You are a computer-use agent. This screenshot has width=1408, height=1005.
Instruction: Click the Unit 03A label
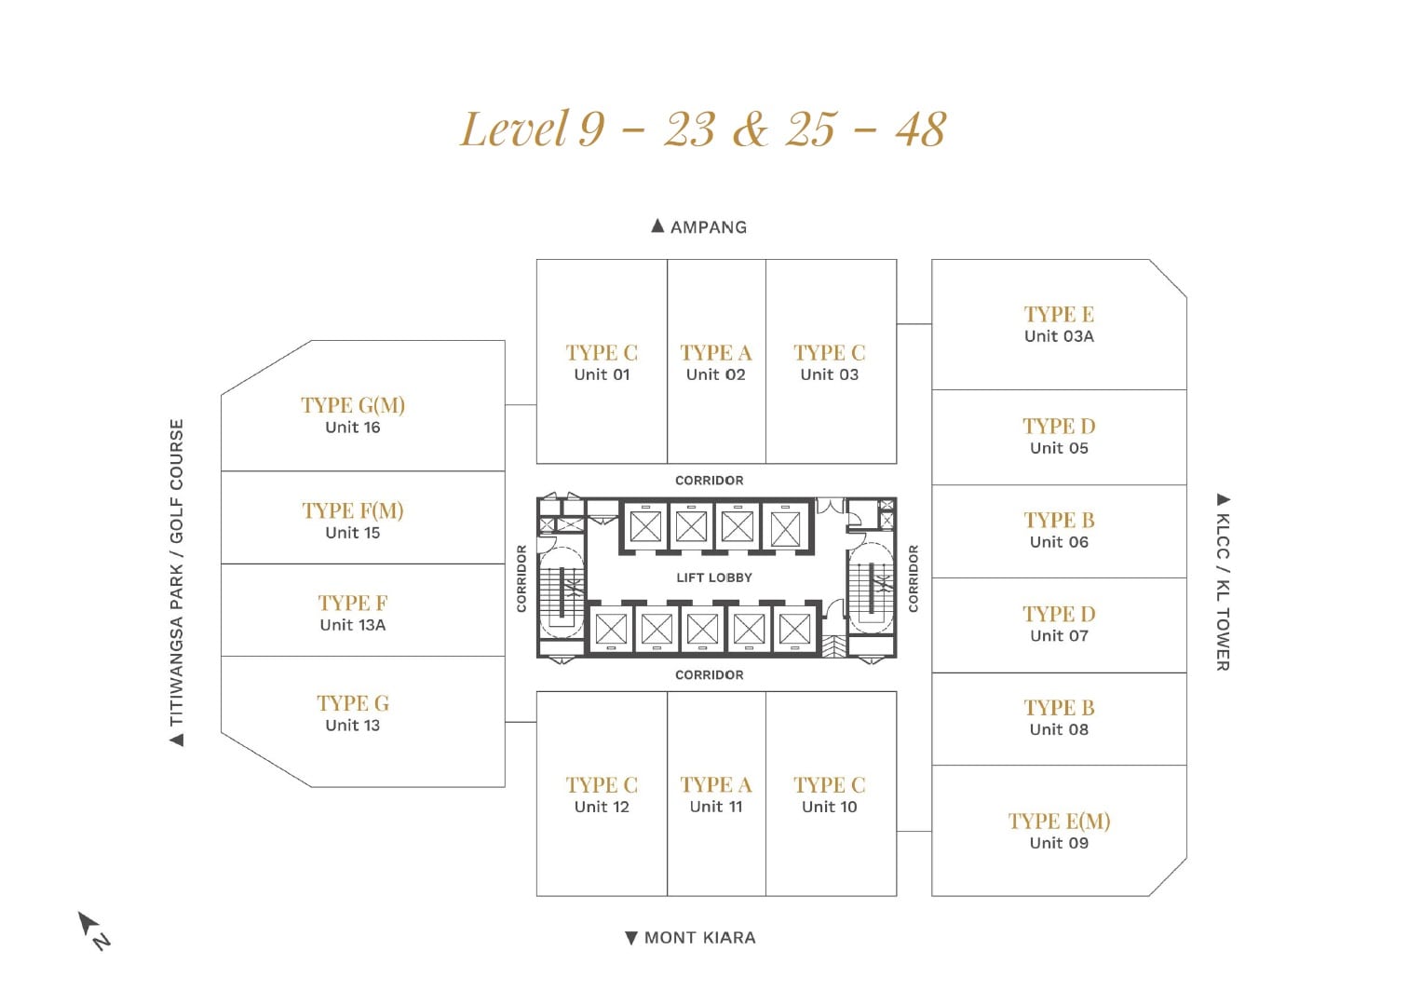point(1059,336)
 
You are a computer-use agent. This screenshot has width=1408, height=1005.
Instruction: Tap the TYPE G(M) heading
point(353,405)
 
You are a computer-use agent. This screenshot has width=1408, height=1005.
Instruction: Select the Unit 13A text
point(353,625)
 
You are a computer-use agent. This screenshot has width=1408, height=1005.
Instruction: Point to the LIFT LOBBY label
point(714,577)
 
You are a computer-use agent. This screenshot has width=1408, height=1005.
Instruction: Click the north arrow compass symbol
point(94,930)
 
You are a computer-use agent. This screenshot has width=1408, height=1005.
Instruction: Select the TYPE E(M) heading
point(1059,822)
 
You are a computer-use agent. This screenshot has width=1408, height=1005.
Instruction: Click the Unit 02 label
point(715,374)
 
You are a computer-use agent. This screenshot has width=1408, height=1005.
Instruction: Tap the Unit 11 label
point(715,807)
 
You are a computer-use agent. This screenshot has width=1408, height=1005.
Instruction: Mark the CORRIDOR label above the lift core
point(709,481)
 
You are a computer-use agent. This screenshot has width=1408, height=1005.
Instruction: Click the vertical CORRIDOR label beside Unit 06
point(914,578)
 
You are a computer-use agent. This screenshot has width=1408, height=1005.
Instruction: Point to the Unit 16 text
point(353,428)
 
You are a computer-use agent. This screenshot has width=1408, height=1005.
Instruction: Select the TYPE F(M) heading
point(353,511)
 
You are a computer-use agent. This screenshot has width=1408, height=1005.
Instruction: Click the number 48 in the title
point(920,129)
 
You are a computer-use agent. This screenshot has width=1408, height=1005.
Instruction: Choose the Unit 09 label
point(1059,843)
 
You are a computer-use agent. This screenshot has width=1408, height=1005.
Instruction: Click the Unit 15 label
point(353,533)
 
